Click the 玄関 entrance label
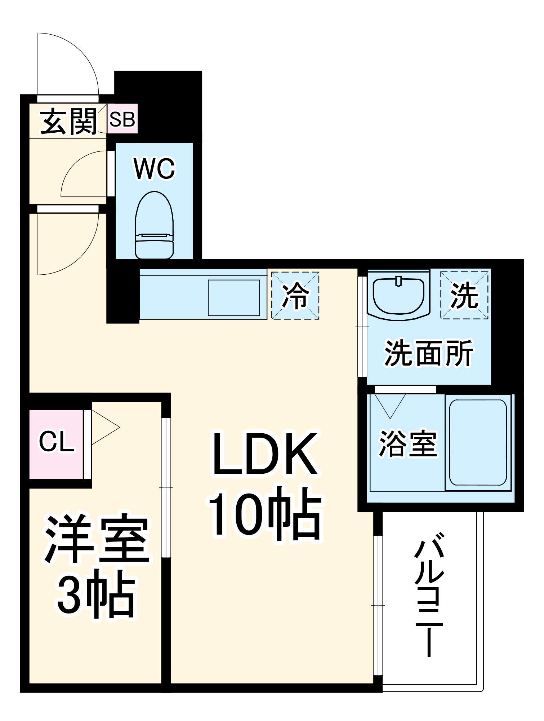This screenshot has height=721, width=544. [x=68, y=121]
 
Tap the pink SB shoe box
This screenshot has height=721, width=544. [x=122, y=119]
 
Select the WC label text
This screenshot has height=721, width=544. [x=154, y=168]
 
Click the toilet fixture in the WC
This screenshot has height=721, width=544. [x=154, y=225]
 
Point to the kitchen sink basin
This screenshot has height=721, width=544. [x=234, y=298]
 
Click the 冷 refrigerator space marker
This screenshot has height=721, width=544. [x=295, y=296]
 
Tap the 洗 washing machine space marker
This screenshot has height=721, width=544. [x=464, y=295]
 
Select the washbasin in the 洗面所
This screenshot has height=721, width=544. [x=398, y=296]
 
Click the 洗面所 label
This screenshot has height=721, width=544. [x=429, y=353]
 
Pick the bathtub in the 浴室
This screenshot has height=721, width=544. [x=478, y=442]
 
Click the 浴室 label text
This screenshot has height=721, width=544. [x=408, y=444]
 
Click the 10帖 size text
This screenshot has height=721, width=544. [x=265, y=516]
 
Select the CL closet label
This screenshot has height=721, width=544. [x=57, y=442]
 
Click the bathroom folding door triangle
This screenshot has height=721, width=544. [x=390, y=404]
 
